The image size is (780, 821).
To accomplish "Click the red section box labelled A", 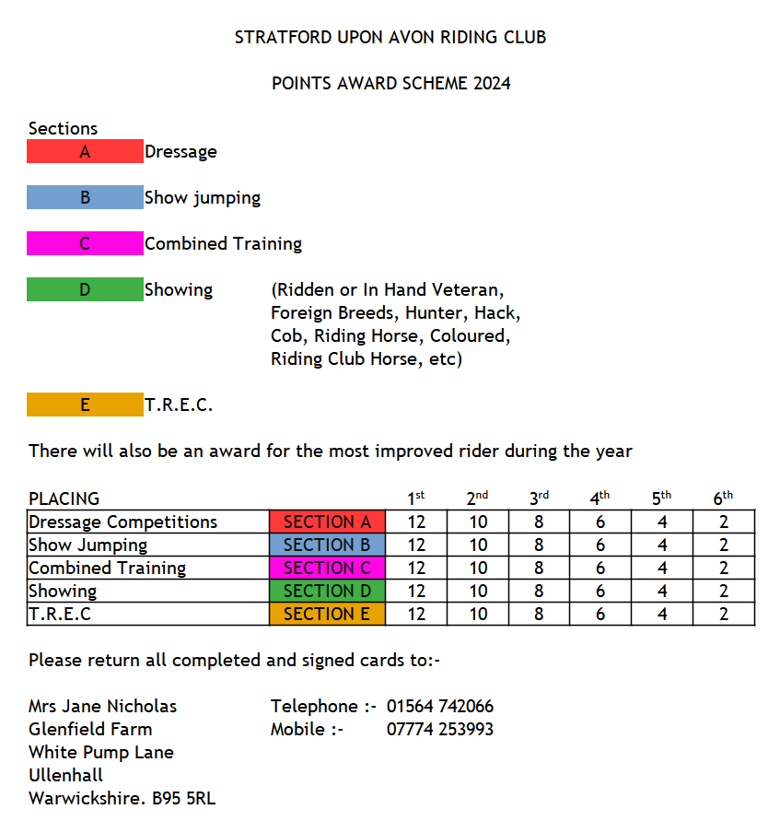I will click(85, 151).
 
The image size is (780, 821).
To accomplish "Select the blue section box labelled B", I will click(85, 197).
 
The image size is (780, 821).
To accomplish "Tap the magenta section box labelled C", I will click(85, 243).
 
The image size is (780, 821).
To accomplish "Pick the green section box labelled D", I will click(85, 289).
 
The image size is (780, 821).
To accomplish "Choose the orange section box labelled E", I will click(85, 405).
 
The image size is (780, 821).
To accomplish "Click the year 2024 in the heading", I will click(492, 84).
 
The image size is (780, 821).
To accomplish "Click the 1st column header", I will click(416, 498).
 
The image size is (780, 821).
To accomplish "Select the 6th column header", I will click(723, 498).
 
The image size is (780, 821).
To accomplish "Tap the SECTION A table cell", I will click(327, 522).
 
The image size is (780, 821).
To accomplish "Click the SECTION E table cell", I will click(327, 614).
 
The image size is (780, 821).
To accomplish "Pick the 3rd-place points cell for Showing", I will click(539, 591).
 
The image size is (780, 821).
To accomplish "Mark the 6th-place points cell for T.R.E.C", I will click(723, 614).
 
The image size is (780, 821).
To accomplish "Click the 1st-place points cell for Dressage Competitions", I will click(416, 522).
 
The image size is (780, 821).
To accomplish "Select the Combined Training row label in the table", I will click(108, 568).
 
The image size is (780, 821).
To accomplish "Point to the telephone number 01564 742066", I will click(440, 707).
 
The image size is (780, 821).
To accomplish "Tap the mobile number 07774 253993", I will click(440, 730).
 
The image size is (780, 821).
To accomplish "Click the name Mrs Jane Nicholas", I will click(103, 707).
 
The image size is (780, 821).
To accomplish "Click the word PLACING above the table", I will click(64, 499).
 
